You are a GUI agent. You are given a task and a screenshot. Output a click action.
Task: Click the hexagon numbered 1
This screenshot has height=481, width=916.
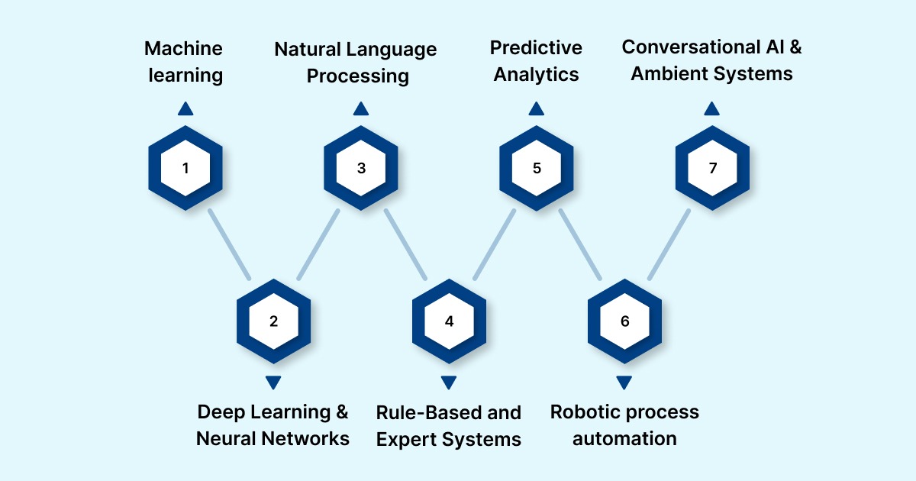pos(185,167)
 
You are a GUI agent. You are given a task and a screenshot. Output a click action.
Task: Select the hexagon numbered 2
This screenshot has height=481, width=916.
pos(273,321)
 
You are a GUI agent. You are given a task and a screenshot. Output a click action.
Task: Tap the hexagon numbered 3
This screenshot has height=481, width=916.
pos(361,167)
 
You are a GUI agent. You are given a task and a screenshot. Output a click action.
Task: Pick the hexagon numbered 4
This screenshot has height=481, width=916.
pos(449,321)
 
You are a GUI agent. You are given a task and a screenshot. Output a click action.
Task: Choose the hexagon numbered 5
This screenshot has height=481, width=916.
pos(537,167)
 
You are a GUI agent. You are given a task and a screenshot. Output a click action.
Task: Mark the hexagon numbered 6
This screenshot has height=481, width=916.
pos(624,321)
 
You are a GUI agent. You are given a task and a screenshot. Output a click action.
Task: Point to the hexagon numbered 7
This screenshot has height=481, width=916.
pos(712,167)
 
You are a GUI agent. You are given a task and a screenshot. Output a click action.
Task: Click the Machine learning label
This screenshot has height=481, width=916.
pos(184,62)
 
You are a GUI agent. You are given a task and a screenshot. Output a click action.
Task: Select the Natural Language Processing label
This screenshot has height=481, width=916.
pos(356,63)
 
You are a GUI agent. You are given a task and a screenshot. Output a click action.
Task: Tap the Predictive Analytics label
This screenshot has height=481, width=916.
pos(536,61)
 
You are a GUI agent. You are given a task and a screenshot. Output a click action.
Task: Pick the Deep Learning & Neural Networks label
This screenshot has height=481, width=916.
pos(273,425)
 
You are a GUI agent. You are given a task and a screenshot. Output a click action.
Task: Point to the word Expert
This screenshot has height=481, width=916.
pos(407,439)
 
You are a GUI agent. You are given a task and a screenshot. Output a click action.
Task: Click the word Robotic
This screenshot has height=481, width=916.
pos(585,412)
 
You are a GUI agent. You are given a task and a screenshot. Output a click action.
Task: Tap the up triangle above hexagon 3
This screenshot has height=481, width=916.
pos(361,109)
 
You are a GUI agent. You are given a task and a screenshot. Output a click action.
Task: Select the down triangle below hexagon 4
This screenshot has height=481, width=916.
pos(449,383)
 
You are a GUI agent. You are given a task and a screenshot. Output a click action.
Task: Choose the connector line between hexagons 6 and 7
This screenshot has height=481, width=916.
pos(669,244)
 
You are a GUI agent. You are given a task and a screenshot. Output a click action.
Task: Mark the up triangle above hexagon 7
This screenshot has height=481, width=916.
pos(712,109)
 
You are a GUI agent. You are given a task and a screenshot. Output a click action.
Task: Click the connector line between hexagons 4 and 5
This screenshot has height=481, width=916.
pos(493,244)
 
